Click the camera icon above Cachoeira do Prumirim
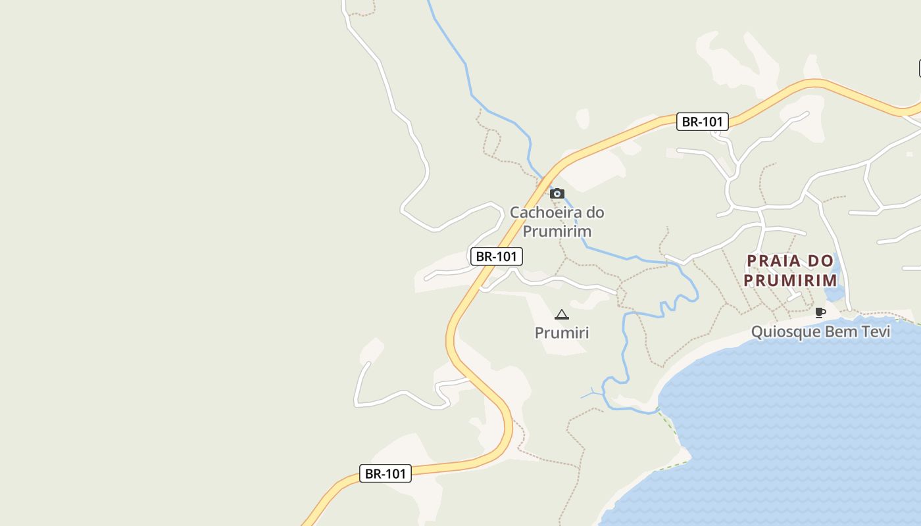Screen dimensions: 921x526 tap(557, 193)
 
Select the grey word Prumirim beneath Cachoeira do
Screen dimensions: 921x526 tap(557, 231)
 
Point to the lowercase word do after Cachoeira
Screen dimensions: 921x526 tap(595, 212)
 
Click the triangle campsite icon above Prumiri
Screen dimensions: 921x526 tap(561, 315)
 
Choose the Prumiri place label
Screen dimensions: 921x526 tap(562, 333)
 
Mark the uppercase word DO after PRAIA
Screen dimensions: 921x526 tap(820, 261)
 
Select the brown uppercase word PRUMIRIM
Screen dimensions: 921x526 tap(791, 280)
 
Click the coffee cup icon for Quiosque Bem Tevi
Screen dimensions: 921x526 tap(820, 313)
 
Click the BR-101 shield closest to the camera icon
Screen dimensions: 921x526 tap(497, 256)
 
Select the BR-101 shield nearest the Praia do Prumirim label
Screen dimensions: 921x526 tap(703, 122)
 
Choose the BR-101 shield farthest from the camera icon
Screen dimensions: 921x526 tap(386, 473)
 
